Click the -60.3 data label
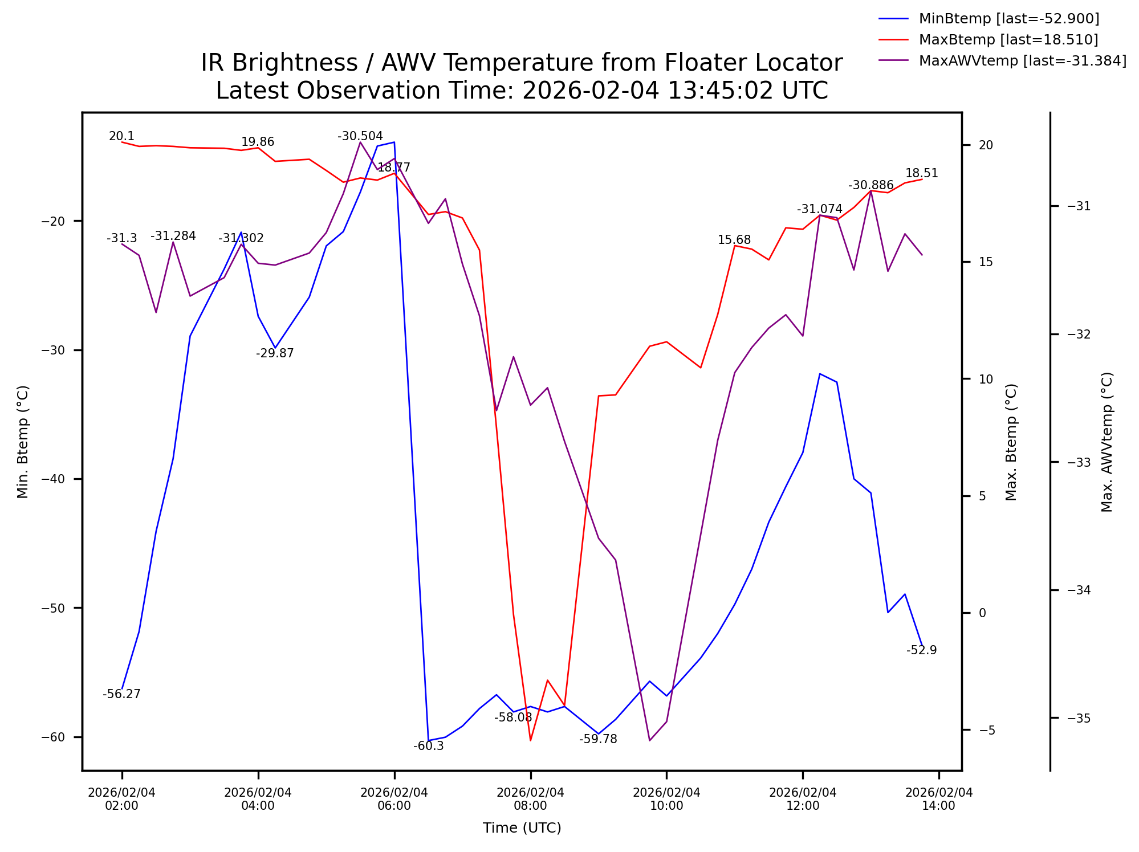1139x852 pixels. pos(428,746)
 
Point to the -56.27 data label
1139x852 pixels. pos(121,694)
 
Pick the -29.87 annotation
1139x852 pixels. pos(275,353)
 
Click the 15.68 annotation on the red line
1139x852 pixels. pos(734,240)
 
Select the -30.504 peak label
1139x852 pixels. pos(360,136)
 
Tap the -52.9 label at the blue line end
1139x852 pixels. pos(921,650)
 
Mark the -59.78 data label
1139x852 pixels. pos(598,739)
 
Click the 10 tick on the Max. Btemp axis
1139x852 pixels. pos(986,379)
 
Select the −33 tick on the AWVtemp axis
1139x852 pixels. pos(1078,462)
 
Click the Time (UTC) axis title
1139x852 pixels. pos(522,828)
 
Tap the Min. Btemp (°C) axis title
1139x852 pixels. pos(23,442)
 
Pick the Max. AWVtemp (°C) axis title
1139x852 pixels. pos(1107,442)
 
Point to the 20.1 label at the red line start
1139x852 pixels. pos(121,136)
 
